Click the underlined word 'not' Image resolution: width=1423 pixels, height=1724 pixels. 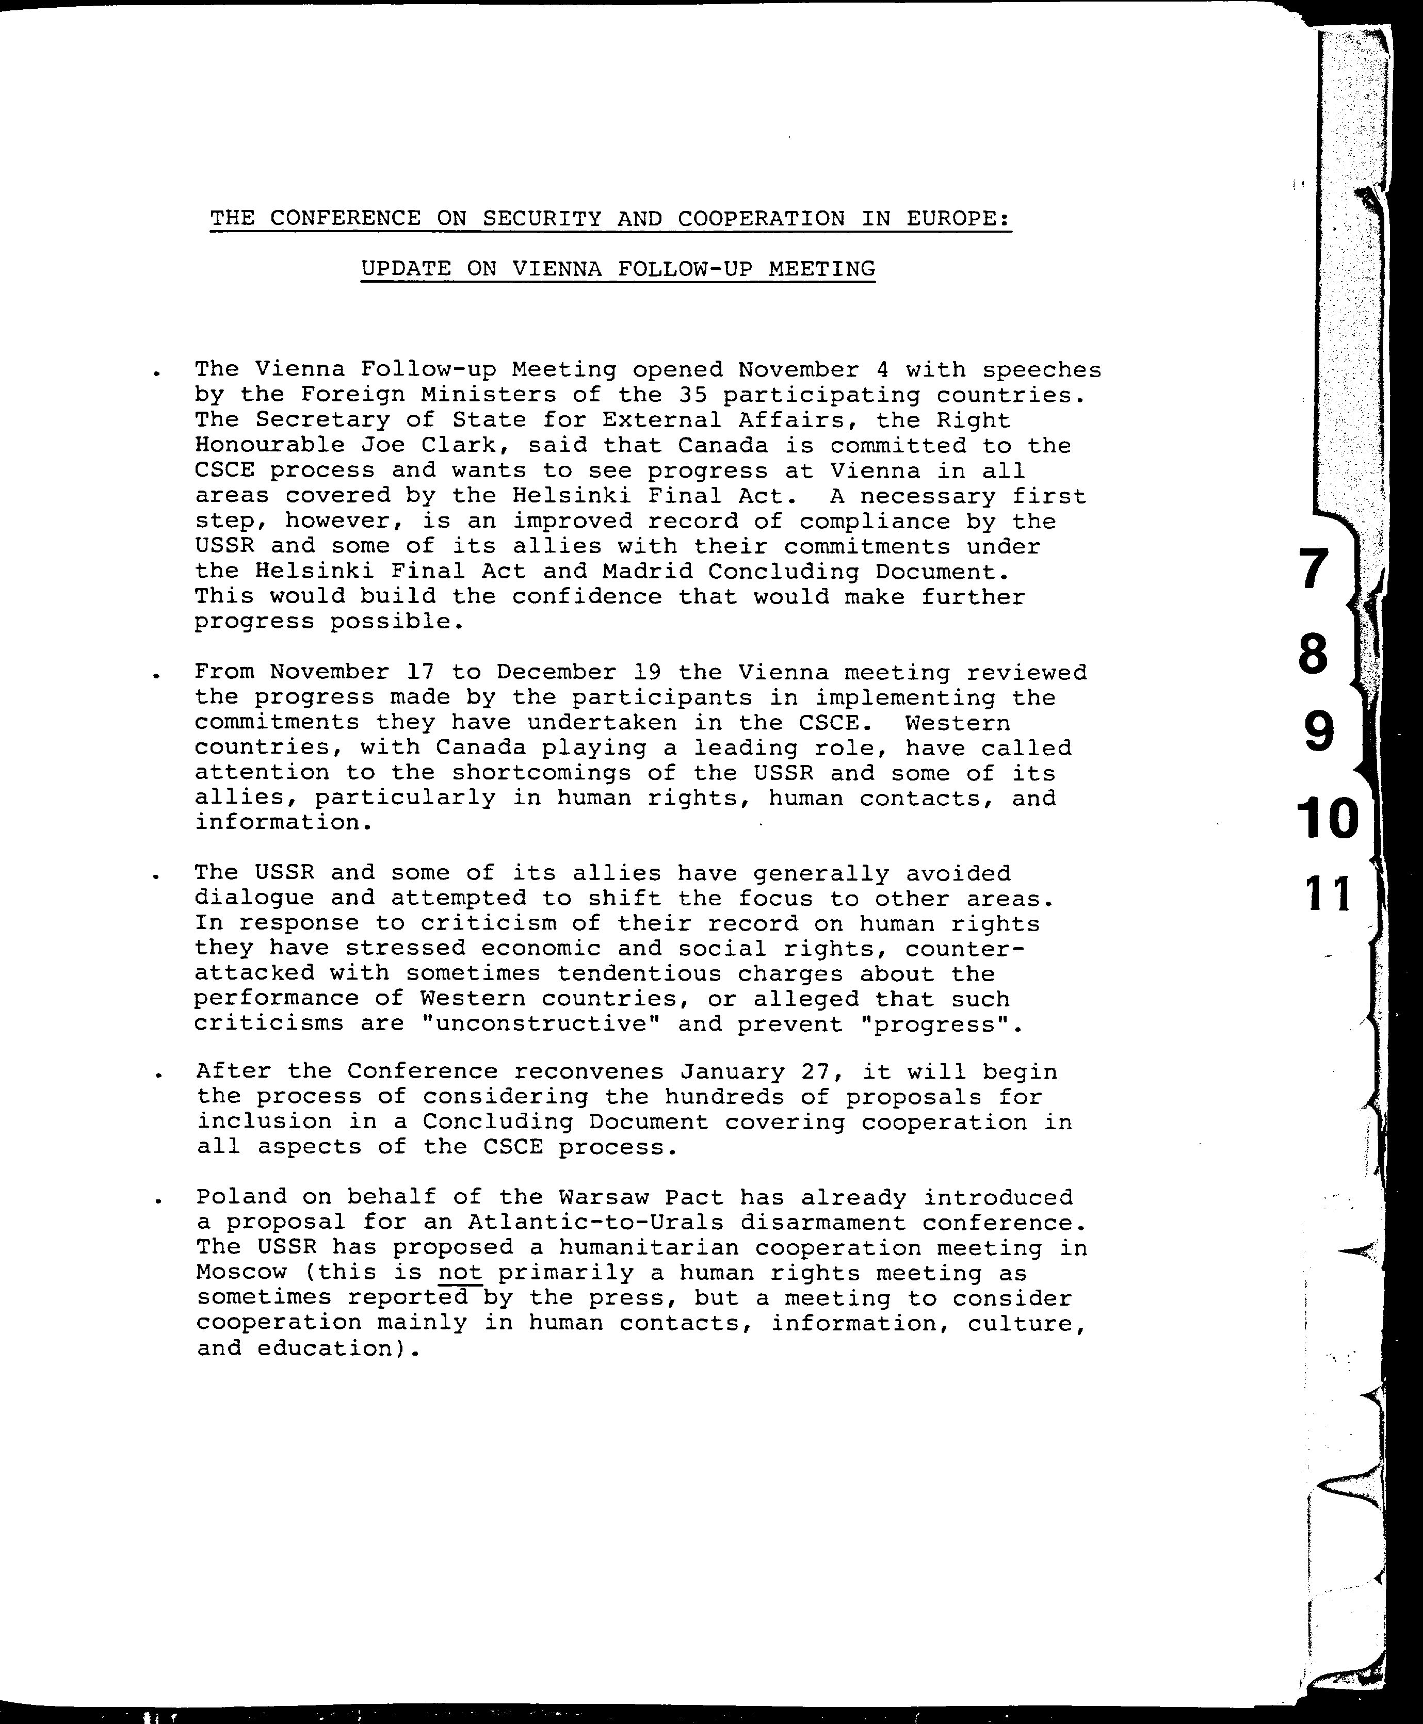click(460, 1273)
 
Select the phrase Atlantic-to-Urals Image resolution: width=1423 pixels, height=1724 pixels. click(596, 1223)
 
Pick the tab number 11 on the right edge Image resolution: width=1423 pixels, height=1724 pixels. click(1327, 894)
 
